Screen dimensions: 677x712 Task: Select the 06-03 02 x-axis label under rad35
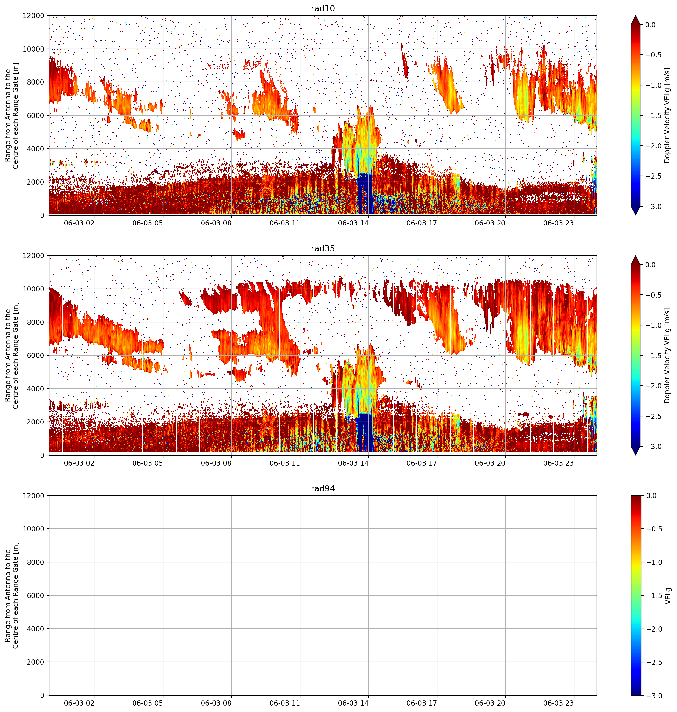coord(79,463)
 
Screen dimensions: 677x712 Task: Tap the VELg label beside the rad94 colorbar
coord(668,595)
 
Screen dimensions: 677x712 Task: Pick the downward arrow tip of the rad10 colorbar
coord(636,215)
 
